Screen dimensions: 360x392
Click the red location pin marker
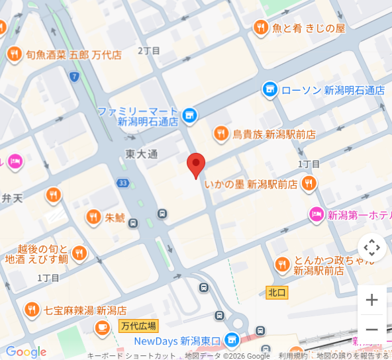click(x=195, y=164)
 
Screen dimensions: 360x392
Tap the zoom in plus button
click(x=372, y=300)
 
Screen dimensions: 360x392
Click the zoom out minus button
click(x=372, y=330)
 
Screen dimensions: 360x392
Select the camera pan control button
click(x=372, y=247)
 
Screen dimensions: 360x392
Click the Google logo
click(x=26, y=352)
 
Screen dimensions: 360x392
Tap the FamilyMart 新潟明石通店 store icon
click(x=190, y=116)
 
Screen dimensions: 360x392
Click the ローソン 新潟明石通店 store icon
click(x=269, y=90)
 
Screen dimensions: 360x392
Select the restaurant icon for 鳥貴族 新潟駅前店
click(x=221, y=134)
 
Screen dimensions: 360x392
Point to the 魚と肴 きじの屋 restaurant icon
click(x=261, y=28)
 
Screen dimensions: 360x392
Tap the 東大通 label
click(x=142, y=154)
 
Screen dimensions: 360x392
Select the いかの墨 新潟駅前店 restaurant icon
click(x=309, y=184)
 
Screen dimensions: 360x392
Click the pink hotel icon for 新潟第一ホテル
click(x=317, y=214)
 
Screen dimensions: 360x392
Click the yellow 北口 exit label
click(x=277, y=292)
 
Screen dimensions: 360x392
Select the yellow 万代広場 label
click(x=138, y=326)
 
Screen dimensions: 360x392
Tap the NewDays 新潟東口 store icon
click(x=231, y=341)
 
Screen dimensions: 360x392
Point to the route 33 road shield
click(x=122, y=183)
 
